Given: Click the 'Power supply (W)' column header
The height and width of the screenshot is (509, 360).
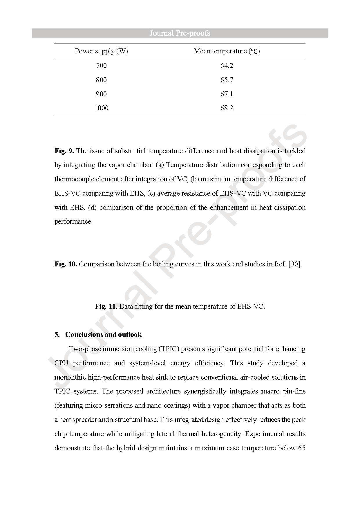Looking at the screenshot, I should click(101, 51).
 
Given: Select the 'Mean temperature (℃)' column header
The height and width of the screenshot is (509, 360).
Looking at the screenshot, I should click(227, 51).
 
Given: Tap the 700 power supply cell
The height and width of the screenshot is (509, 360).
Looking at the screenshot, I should click(101, 66).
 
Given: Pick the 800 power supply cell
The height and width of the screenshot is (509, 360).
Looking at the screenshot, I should click(101, 80).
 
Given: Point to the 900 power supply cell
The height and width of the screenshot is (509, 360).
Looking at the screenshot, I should click(101, 94).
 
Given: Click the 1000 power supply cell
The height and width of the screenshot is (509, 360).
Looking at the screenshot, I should click(101, 108).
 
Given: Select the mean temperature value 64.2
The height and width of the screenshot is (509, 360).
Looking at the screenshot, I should click(227, 66).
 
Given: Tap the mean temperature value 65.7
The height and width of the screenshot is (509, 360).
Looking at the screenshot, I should click(227, 80).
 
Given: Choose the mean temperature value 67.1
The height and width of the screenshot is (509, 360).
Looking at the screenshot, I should click(227, 94).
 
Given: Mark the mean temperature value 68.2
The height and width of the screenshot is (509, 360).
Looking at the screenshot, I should click(227, 108).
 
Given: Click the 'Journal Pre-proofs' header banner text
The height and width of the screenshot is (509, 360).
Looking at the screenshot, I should click(180, 33).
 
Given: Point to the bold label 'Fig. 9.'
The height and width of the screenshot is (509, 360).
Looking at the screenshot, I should click(64, 151).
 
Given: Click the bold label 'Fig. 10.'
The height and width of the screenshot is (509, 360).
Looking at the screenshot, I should click(66, 264).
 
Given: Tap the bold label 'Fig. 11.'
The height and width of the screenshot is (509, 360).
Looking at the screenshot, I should click(106, 306).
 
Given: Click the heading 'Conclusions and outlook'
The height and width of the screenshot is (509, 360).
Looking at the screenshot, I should click(103, 335).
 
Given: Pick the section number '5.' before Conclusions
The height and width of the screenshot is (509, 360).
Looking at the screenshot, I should click(57, 335).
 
